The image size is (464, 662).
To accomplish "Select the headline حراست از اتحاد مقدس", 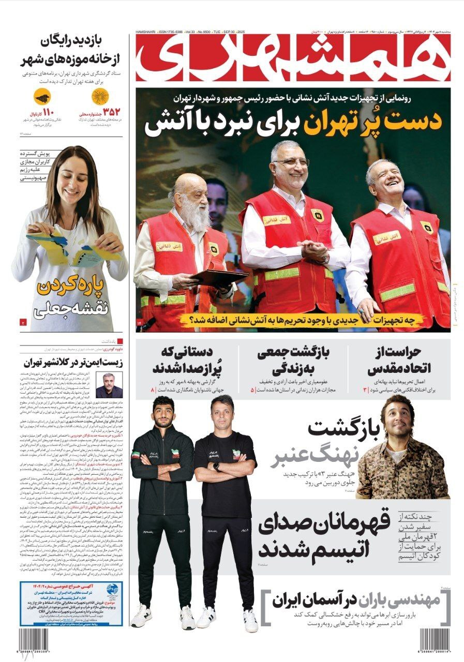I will coord(396,361).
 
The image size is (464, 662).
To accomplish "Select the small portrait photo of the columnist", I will coord(109,385).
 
